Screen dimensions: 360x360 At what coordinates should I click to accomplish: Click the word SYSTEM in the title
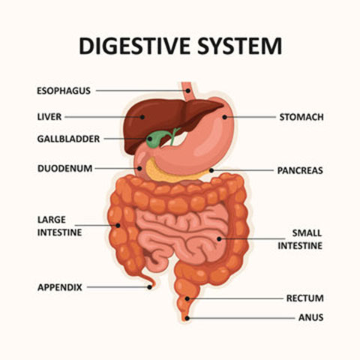(240, 46)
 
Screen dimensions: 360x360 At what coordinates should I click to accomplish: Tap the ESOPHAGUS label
(64, 91)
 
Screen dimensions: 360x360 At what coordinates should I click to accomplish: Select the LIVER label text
(49, 117)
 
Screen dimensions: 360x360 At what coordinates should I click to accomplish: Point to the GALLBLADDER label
(68, 139)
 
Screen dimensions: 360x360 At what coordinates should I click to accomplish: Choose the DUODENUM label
(65, 169)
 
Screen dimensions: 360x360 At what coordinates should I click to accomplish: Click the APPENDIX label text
(60, 287)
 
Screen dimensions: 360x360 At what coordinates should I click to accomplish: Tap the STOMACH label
(301, 117)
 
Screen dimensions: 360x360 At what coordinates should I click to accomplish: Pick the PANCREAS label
(300, 170)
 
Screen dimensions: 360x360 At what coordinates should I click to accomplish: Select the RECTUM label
(305, 298)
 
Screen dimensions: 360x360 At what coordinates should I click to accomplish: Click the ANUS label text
(311, 317)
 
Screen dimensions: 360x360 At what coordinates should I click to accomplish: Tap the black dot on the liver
(142, 117)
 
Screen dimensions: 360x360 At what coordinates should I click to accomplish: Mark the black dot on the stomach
(224, 117)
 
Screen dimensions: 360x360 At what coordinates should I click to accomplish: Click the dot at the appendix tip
(149, 287)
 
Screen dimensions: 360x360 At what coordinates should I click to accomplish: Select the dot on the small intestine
(219, 239)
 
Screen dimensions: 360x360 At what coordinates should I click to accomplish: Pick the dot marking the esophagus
(188, 91)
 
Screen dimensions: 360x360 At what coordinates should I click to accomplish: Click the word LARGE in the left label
(52, 220)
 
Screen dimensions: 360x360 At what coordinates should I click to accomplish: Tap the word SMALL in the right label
(307, 233)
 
